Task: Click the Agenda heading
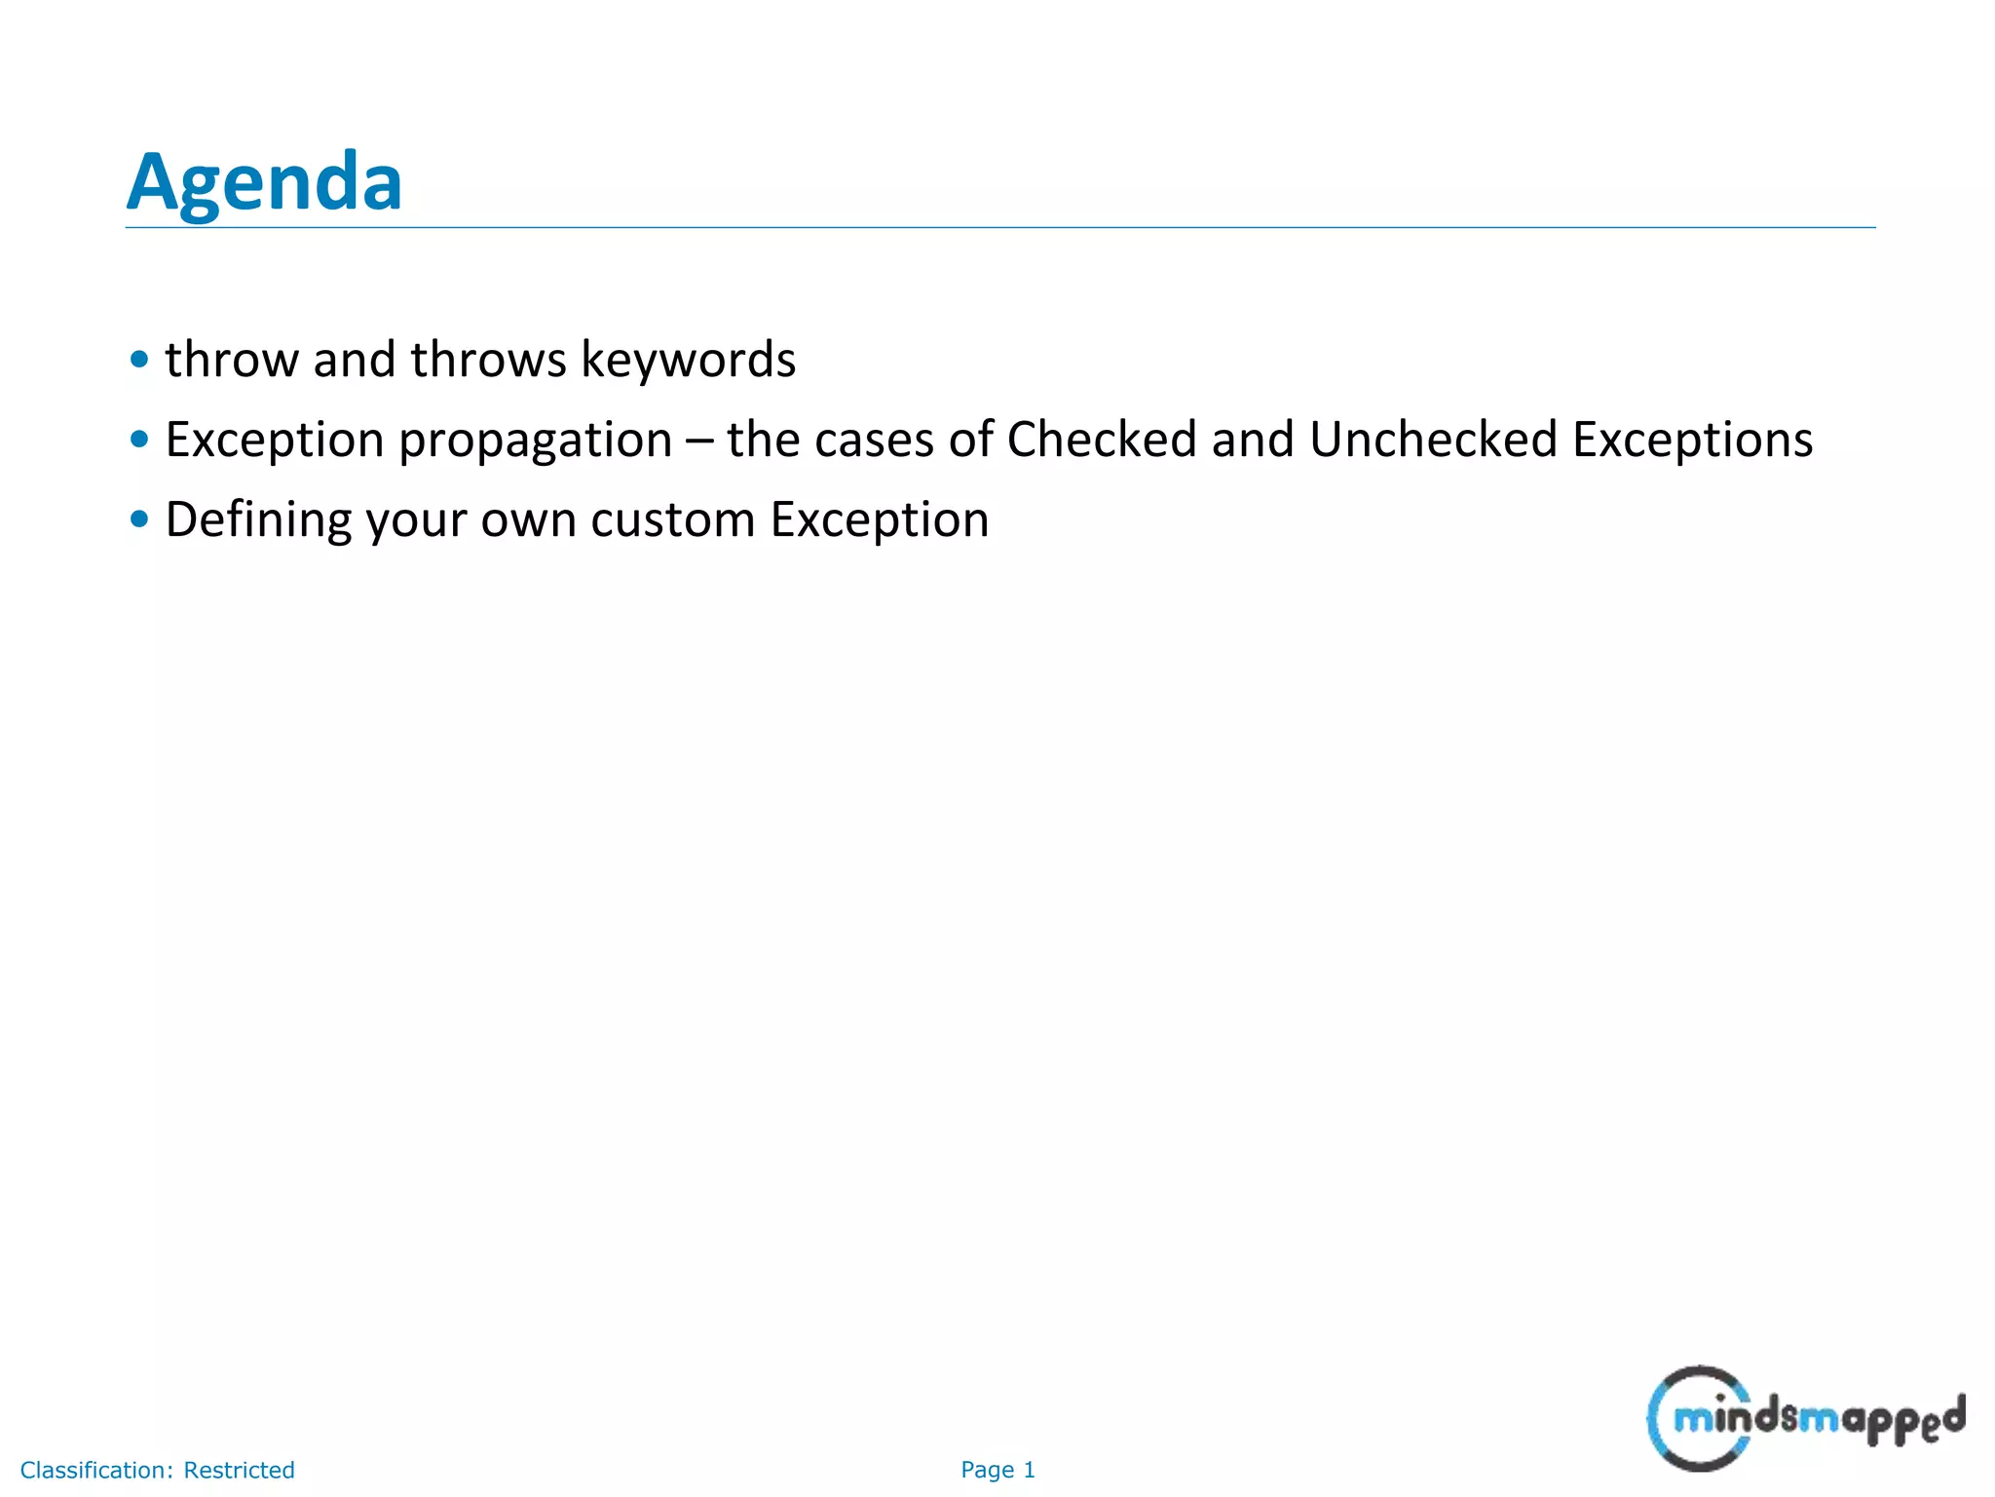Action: (264, 182)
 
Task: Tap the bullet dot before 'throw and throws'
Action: (139, 360)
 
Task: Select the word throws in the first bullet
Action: (488, 360)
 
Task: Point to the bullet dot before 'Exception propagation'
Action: (139, 440)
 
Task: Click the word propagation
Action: (536, 441)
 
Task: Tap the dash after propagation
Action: (698, 441)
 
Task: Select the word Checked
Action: (1101, 440)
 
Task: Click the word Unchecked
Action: (1433, 440)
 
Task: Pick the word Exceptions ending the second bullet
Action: (1692, 440)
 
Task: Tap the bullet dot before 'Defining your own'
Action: (139, 519)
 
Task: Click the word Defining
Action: (258, 519)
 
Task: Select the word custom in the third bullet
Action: (672, 519)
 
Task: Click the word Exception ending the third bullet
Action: (879, 519)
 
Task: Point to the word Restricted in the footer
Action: (239, 1470)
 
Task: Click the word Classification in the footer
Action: (95, 1470)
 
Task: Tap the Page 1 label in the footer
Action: (997, 1470)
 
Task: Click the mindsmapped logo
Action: (1805, 1418)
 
